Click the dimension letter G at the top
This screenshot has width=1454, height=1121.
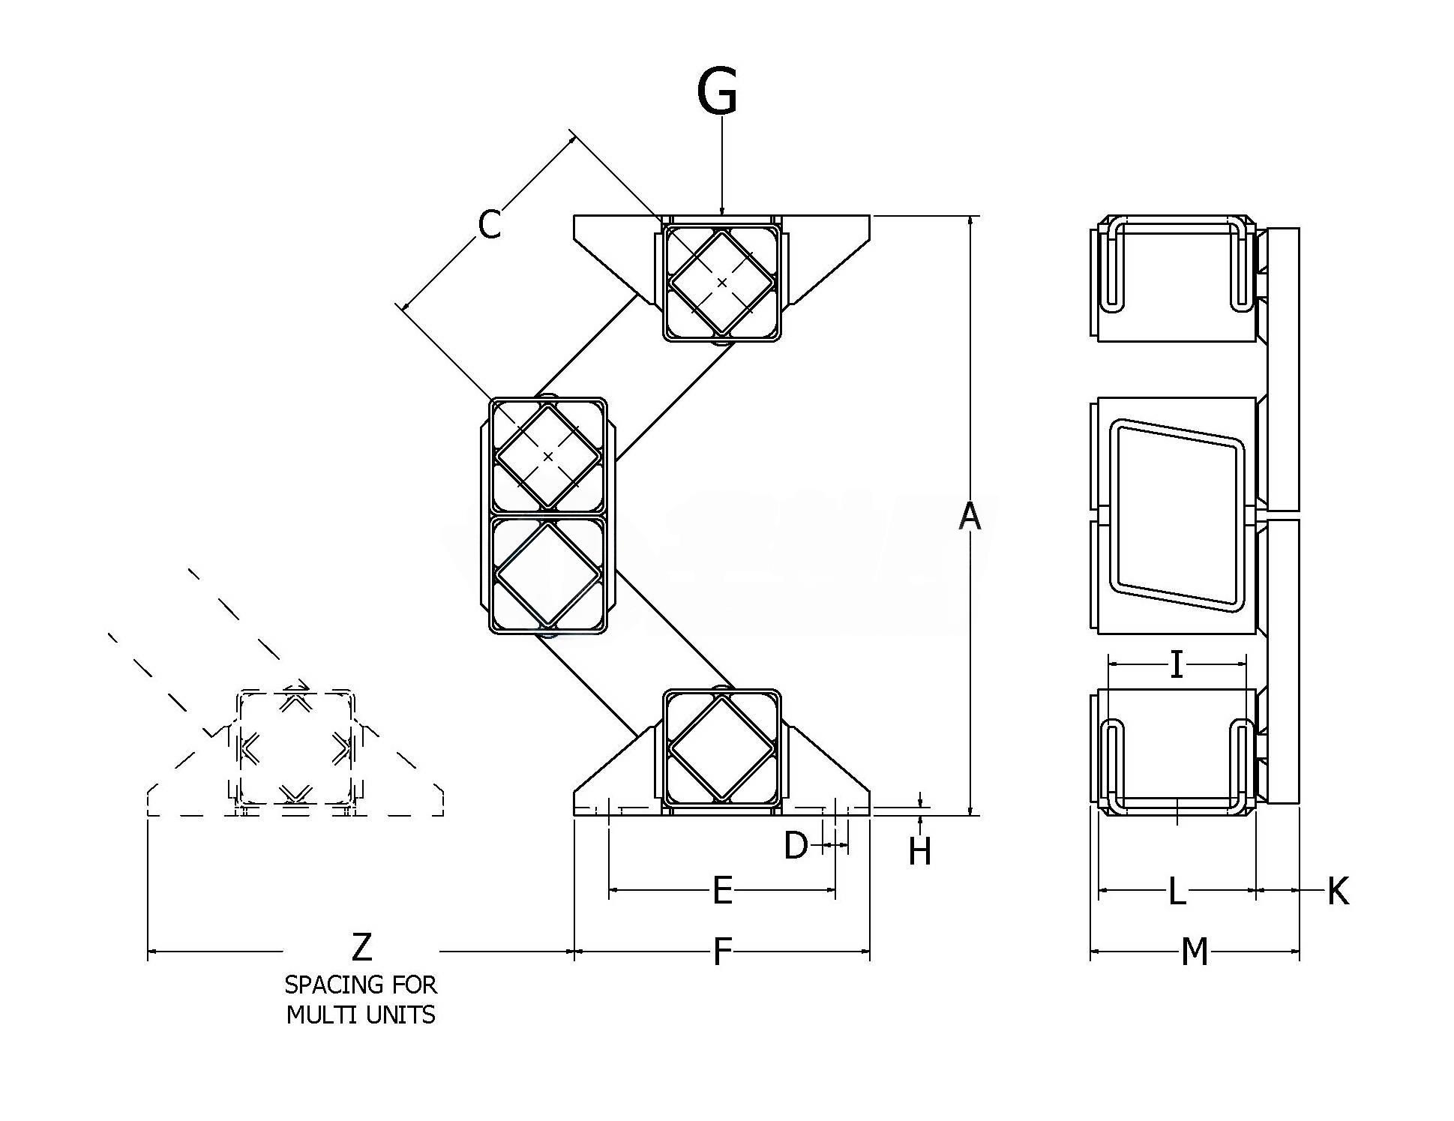click(x=717, y=91)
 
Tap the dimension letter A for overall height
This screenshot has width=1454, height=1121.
click(x=970, y=516)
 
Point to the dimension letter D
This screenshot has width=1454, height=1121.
click(x=796, y=846)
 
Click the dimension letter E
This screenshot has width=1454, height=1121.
click(x=721, y=891)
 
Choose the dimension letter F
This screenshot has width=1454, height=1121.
click(x=721, y=952)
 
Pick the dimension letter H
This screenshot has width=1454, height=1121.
click(x=919, y=851)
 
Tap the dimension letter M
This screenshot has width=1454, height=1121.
click(x=1195, y=952)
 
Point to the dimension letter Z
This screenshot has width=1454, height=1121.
click(x=361, y=947)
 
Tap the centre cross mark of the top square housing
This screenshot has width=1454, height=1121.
click(x=721, y=283)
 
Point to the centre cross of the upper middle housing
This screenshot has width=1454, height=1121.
click(x=548, y=457)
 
